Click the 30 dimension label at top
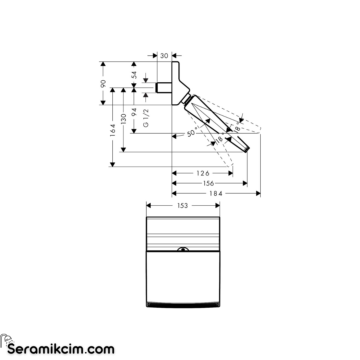click(164, 56)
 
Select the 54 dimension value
click(134, 75)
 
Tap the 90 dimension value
click(103, 83)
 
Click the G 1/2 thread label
click(146, 118)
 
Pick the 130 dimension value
click(124, 119)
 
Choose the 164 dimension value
click(113, 130)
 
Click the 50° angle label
click(192, 132)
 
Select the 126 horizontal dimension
click(203, 173)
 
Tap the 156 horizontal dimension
click(208, 183)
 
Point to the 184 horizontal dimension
click(216, 194)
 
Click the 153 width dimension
click(183, 206)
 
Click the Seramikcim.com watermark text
click(61, 349)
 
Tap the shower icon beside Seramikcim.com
click(7, 339)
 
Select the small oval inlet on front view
click(183, 249)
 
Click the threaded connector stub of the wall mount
click(164, 88)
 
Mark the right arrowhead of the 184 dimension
click(258, 194)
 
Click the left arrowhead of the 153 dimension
click(149, 205)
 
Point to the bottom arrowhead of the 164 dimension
click(113, 164)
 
